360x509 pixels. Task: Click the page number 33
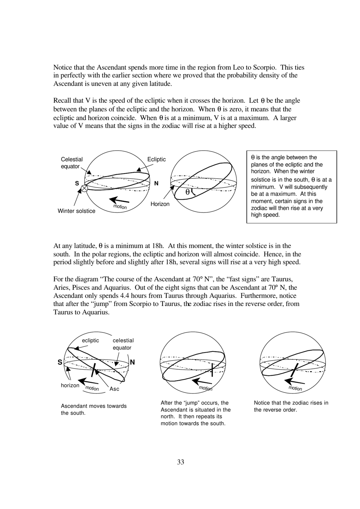pyautogui.click(x=180, y=462)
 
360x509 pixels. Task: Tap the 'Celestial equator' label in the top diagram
pyautogui.click(x=72, y=163)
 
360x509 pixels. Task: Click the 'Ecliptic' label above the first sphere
pyautogui.click(x=156, y=159)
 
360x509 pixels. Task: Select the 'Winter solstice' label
pyautogui.click(x=76, y=211)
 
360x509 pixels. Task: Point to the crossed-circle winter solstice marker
pyautogui.click(x=85, y=188)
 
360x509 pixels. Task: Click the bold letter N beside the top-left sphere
pyautogui.click(x=156, y=183)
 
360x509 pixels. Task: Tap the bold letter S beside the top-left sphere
pyautogui.click(x=77, y=183)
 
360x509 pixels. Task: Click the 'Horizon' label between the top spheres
pyautogui.click(x=160, y=204)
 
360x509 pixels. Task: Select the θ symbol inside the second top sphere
pyautogui.click(x=187, y=192)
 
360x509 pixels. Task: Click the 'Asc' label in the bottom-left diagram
pyautogui.click(x=114, y=389)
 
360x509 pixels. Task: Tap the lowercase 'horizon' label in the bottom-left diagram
pyautogui.click(x=70, y=386)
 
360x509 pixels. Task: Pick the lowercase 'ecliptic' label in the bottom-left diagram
pyautogui.click(x=90, y=340)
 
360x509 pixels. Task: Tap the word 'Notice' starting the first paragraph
pyautogui.click(x=63, y=67)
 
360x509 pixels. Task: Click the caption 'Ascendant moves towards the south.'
pyautogui.click(x=94, y=409)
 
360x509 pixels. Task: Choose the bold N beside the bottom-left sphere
pyautogui.click(x=132, y=362)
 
